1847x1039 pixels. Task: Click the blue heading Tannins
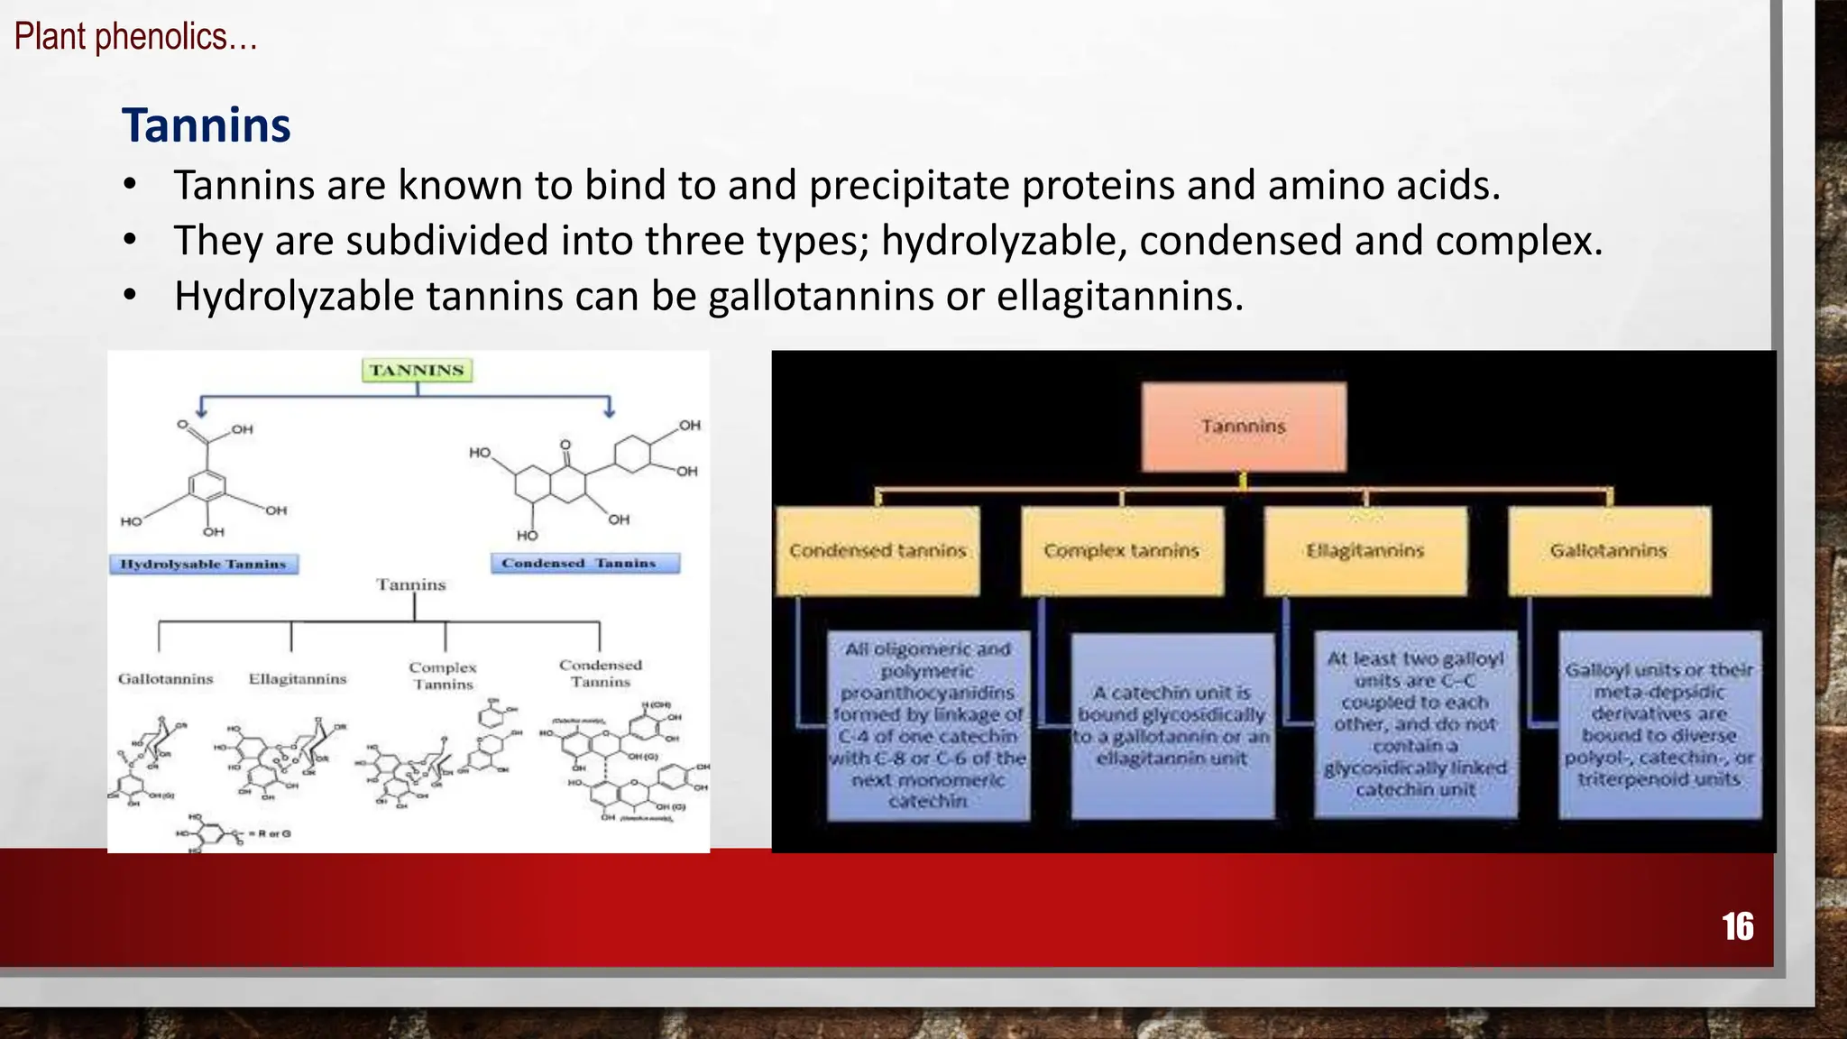207,125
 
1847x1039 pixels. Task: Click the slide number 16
1737,927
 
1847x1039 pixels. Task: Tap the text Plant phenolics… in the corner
135,37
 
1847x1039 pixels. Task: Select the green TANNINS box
417,370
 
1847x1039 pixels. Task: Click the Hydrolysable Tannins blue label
204,564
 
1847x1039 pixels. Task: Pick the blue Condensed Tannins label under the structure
585,563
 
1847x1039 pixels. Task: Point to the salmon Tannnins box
1243,427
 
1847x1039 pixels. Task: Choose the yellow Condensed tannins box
878,550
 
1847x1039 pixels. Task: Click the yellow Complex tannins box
1122,550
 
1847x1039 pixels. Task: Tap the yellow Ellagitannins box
1365,550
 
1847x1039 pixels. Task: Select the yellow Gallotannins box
1609,550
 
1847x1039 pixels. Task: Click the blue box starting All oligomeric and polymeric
928,725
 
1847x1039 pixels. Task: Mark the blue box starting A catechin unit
1172,725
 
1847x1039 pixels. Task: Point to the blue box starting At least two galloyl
1415,725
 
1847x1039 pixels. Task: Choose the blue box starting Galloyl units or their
1659,725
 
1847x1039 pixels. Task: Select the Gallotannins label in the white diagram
166,679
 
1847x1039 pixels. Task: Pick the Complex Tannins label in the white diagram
443,676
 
